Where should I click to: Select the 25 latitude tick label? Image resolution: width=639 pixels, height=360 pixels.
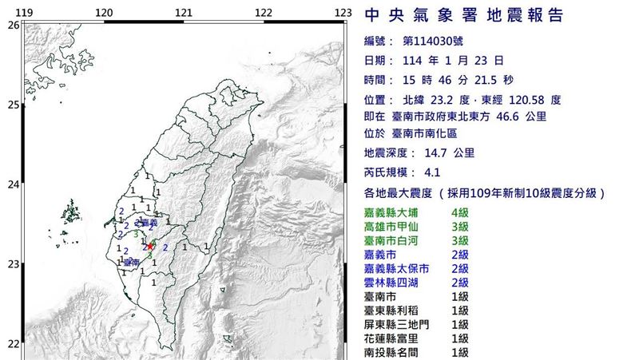(x=13, y=105)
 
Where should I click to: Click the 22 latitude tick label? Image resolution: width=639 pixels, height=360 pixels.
(x=13, y=344)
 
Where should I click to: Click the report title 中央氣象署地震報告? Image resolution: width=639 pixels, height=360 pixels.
(x=463, y=16)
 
